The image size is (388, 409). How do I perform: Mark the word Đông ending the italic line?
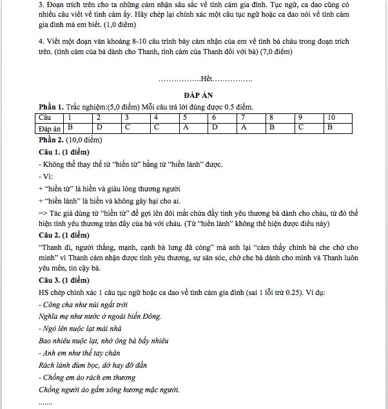click(150, 316)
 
